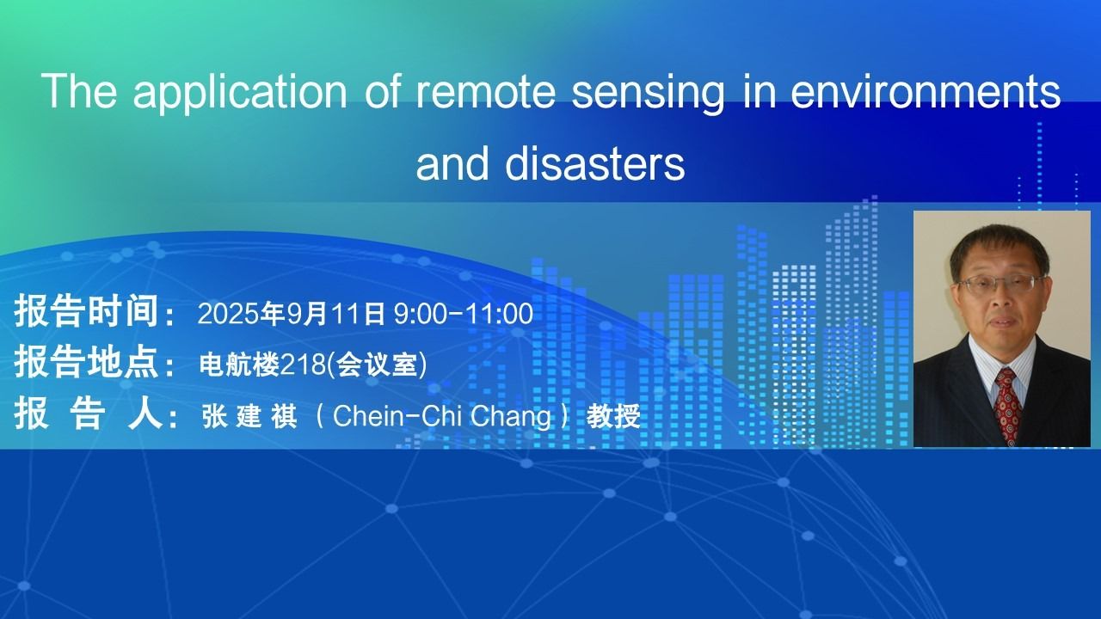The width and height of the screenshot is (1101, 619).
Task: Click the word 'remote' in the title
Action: [x=485, y=91]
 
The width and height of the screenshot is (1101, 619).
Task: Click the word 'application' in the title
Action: [x=240, y=95]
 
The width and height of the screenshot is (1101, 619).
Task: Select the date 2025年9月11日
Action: [x=292, y=314]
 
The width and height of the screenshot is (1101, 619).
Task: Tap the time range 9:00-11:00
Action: [x=464, y=314]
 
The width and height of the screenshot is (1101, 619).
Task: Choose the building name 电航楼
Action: [x=239, y=365]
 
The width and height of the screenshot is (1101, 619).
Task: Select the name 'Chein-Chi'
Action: [x=397, y=416]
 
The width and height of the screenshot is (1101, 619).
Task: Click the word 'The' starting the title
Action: [x=80, y=91]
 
